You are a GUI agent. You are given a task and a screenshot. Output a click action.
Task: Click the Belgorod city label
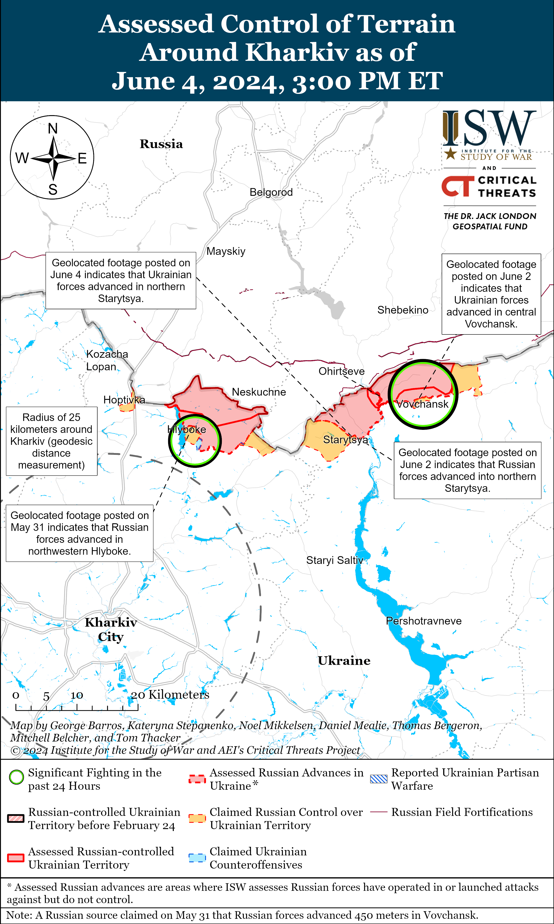pyautogui.click(x=271, y=192)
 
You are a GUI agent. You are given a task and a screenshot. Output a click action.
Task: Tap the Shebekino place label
pyautogui.click(x=403, y=310)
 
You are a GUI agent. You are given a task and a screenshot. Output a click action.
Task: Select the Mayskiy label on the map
pyautogui.click(x=226, y=251)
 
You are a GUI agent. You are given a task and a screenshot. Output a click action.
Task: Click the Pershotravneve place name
pyautogui.click(x=424, y=621)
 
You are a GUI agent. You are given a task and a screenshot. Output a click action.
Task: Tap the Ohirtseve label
pyautogui.click(x=341, y=371)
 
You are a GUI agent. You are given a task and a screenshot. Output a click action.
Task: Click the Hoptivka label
pyautogui.click(x=124, y=400)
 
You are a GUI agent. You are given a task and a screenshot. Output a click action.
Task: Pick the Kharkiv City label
pyautogui.click(x=111, y=629)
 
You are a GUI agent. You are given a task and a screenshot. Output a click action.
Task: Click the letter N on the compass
pyautogui.click(x=53, y=129)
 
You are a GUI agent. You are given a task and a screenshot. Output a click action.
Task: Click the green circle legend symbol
pyautogui.click(x=17, y=777)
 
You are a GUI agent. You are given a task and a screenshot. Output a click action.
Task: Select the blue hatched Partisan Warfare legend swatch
pyautogui.click(x=378, y=779)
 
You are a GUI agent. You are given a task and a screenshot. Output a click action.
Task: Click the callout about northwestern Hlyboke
pyautogui.click(x=80, y=533)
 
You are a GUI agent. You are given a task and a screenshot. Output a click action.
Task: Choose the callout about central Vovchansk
pyautogui.click(x=491, y=294)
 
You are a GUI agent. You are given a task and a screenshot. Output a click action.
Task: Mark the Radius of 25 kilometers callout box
pyautogui.click(x=51, y=441)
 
